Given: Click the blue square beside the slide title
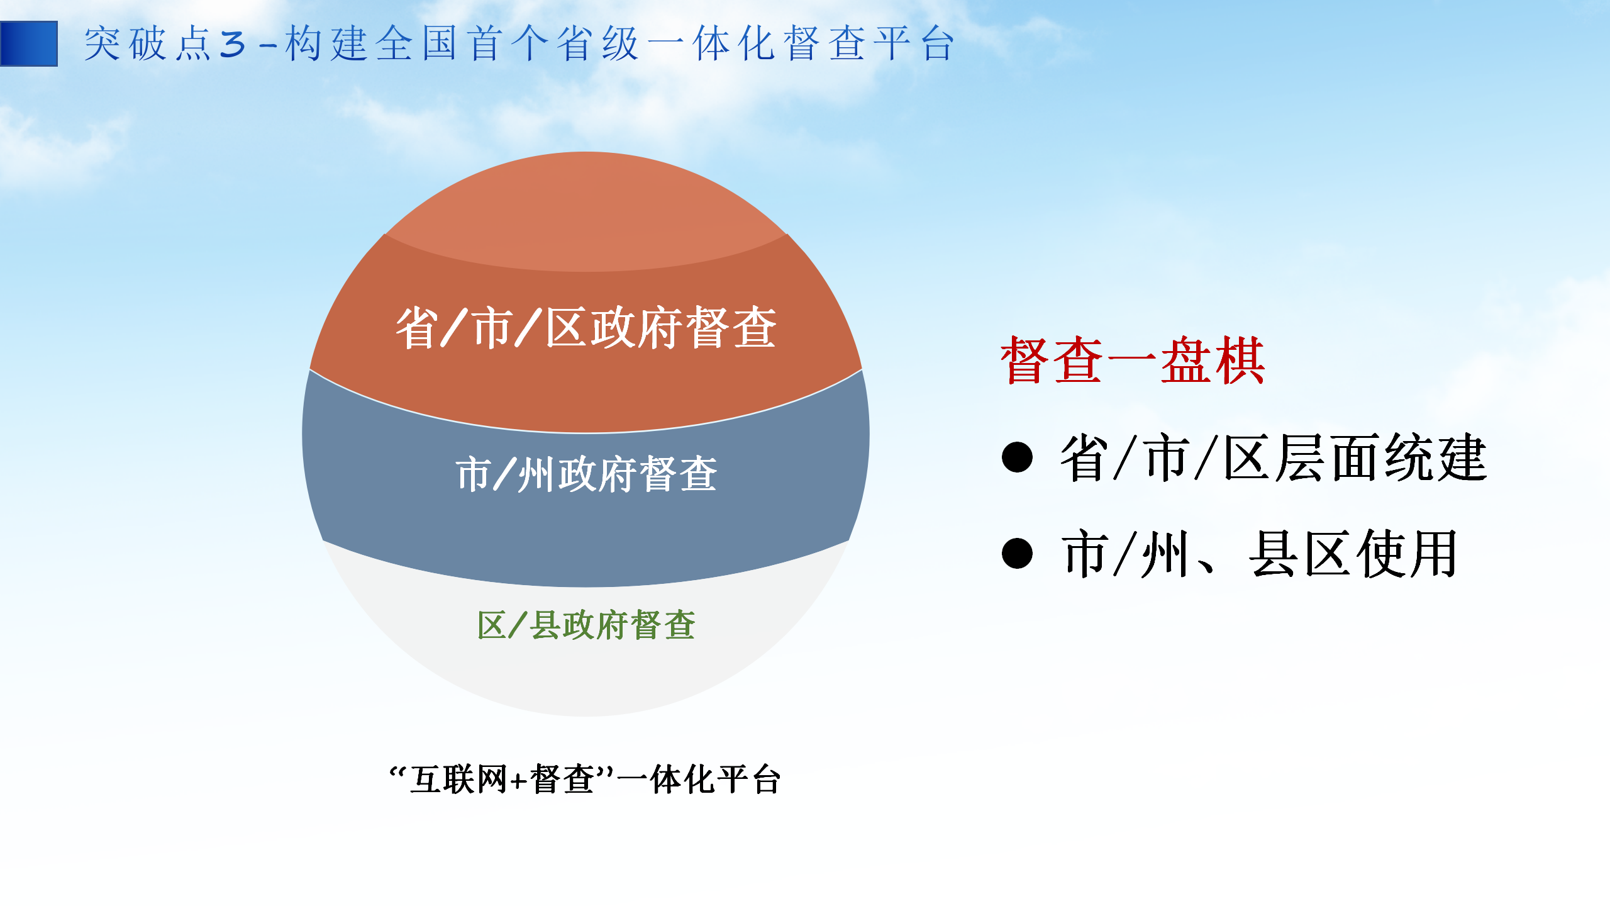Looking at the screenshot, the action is (x=29, y=43).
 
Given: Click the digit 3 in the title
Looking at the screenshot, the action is (x=232, y=45).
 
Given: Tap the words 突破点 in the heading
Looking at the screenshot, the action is (x=148, y=44).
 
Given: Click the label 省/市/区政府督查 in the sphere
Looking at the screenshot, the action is (x=586, y=327).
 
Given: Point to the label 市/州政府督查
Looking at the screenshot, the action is (x=586, y=474).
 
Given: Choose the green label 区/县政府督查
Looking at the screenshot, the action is (x=586, y=625).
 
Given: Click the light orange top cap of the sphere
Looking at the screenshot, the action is (x=586, y=211).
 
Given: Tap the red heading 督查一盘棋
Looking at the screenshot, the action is (x=1133, y=360).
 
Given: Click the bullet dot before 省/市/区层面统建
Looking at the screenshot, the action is (x=1017, y=457).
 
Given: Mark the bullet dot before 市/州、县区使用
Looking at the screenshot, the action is (x=1017, y=554).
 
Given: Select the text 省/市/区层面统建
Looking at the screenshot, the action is (x=1274, y=457).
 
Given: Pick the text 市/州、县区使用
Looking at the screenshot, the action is (x=1259, y=554).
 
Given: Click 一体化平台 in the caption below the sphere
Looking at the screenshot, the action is (x=699, y=780).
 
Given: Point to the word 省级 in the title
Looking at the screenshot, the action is (x=598, y=44).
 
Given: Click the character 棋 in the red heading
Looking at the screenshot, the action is (x=1240, y=360).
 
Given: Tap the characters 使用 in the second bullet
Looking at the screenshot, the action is (x=1407, y=554).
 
